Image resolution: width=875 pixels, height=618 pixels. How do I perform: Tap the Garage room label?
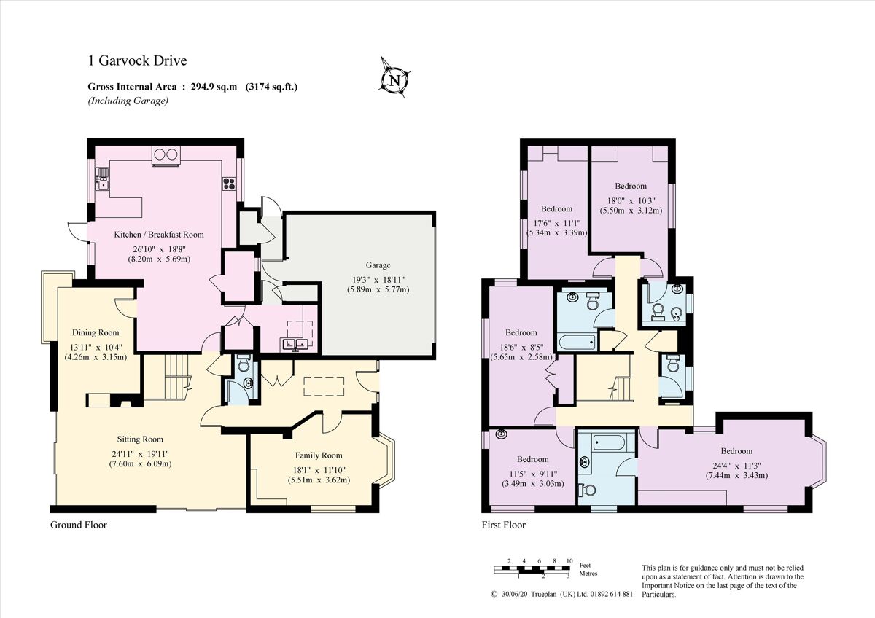378,265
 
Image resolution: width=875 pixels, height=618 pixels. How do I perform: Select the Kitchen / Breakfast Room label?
159,235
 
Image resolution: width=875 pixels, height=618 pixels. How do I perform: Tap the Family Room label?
318,455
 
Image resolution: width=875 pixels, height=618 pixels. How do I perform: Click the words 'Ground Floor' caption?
78,525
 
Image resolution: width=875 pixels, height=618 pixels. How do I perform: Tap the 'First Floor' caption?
503,525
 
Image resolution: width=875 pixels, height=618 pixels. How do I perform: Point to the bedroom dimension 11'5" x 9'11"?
532,472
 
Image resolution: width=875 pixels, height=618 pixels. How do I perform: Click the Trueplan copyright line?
561,594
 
